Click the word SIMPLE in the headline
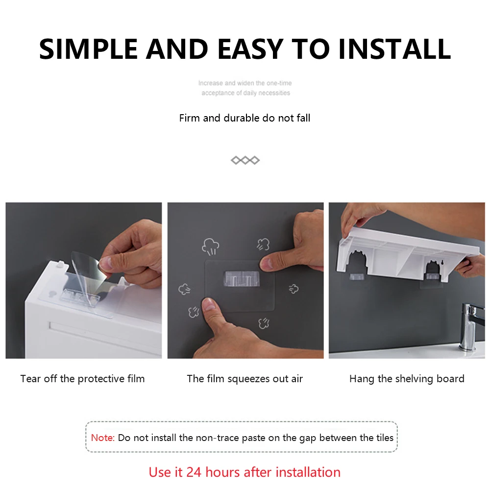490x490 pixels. point(88,49)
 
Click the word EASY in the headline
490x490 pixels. point(250,49)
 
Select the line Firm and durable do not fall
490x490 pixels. point(245,118)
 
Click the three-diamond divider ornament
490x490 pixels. point(245,160)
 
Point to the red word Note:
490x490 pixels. point(103,438)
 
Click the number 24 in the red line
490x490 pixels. point(194,472)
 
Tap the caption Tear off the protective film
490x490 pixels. point(82,379)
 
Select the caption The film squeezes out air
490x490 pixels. point(245,379)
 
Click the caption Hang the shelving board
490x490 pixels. point(407,379)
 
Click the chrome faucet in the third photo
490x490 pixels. point(469,325)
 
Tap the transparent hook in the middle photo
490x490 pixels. point(242,278)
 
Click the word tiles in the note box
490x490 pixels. point(385,438)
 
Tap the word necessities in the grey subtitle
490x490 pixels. point(274,93)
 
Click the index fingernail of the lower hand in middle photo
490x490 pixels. point(209,304)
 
